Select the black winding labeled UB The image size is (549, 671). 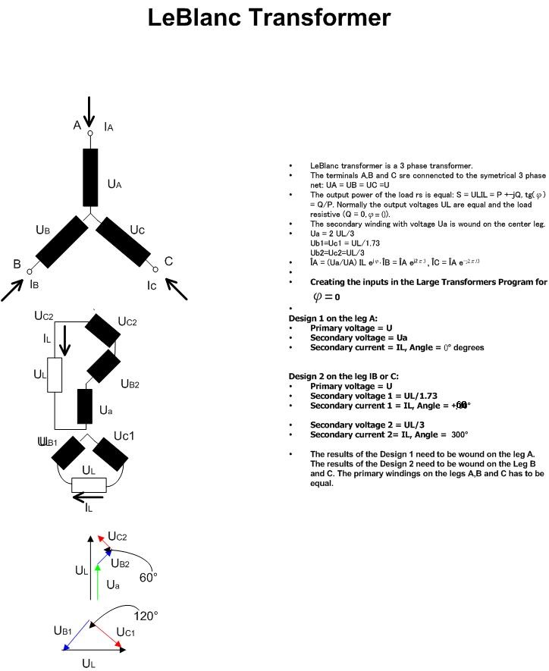coord(61,241)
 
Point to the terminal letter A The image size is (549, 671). coord(77,126)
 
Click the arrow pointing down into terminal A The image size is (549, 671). coord(89,112)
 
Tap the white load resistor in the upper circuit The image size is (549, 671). coord(55,375)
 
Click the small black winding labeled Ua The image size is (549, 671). coord(84,407)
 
